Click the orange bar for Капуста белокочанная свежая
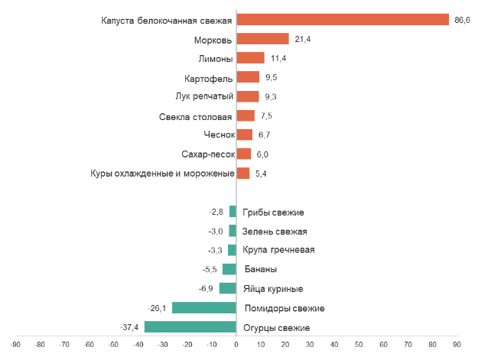tap(343, 20)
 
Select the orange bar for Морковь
tap(262, 39)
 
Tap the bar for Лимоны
tap(250, 58)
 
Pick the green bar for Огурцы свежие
tap(190, 327)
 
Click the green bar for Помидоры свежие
tap(203, 308)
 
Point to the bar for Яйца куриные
tap(227, 289)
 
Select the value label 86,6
tap(462, 20)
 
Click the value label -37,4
tap(129, 327)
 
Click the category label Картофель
tap(208, 78)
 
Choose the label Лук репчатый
tap(204, 96)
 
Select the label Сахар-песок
tap(208, 154)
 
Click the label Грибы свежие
tap(273, 212)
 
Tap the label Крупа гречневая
tap(278, 250)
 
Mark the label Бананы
tap(261, 269)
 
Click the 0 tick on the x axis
tap(236, 345)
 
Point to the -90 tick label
tap(15, 345)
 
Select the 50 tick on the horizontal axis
tap(359, 345)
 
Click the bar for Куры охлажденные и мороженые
tap(242, 174)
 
